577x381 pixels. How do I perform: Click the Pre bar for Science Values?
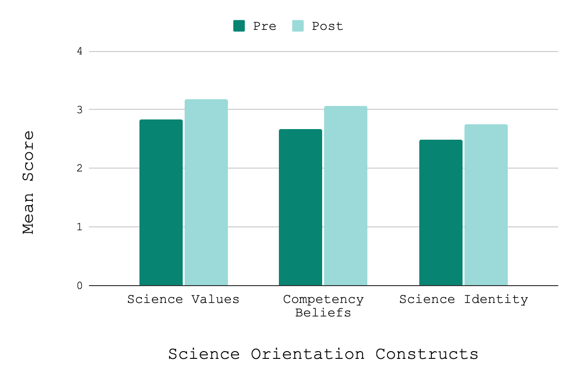click(x=161, y=202)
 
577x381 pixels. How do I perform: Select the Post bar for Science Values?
click(x=206, y=192)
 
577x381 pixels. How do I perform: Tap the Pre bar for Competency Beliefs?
click(x=301, y=207)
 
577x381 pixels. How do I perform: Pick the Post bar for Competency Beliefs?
click(x=345, y=196)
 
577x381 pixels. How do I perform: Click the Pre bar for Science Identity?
click(x=441, y=212)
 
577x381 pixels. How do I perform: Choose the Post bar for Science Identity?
click(x=486, y=205)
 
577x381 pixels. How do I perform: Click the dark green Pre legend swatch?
click(x=239, y=26)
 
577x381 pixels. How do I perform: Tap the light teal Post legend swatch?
click(x=298, y=26)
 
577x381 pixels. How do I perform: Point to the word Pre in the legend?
click(x=264, y=26)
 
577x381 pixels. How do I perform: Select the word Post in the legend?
click(x=327, y=26)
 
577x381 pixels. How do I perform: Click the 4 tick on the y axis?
click(x=79, y=51)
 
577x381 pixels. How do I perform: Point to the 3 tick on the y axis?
click(x=79, y=110)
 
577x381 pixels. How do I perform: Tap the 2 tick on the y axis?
click(x=79, y=168)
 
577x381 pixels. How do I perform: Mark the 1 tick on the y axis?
click(x=79, y=227)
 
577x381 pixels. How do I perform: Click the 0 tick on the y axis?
click(x=79, y=286)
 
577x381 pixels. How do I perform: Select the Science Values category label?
click(x=183, y=300)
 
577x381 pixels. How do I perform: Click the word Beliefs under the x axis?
click(x=323, y=313)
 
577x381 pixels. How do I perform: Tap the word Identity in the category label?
click(x=496, y=300)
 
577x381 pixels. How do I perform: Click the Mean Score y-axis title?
click(x=29, y=182)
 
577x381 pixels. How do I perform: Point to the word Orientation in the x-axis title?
click(x=307, y=355)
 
